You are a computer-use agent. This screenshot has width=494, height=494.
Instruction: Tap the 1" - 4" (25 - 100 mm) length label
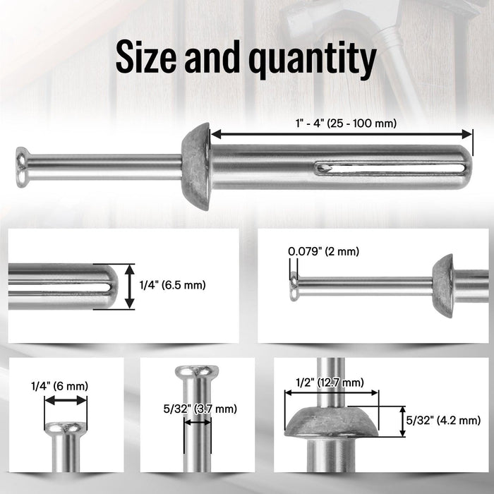(x=345, y=123)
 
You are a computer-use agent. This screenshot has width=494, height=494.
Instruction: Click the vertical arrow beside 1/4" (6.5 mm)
(x=129, y=286)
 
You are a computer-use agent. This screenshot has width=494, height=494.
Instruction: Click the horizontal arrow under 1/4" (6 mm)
(x=66, y=400)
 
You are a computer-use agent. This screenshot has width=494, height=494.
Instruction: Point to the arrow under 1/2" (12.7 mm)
(x=332, y=394)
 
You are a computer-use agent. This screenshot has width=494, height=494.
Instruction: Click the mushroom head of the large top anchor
(x=196, y=167)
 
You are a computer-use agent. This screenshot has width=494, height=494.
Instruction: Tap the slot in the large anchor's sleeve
(x=392, y=168)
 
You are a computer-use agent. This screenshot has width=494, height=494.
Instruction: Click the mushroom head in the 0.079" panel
(x=442, y=286)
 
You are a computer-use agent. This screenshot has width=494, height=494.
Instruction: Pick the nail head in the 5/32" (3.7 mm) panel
(x=196, y=371)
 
